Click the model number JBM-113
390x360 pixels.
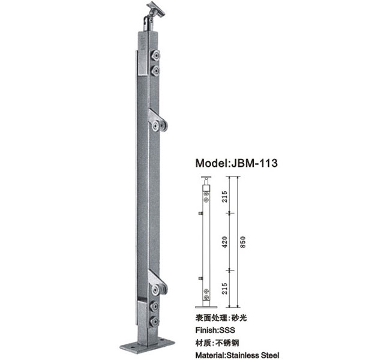(x=254, y=163)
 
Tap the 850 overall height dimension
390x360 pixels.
(x=243, y=242)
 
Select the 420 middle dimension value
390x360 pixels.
(x=224, y=242)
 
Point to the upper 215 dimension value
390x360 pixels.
(x=224, y=196)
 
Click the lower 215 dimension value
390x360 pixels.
(x=224, y=289)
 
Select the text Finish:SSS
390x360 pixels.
(x=215, y=330)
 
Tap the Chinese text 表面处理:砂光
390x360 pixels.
(x=221, y=318)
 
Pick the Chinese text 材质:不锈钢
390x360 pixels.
(x=217, y=343)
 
